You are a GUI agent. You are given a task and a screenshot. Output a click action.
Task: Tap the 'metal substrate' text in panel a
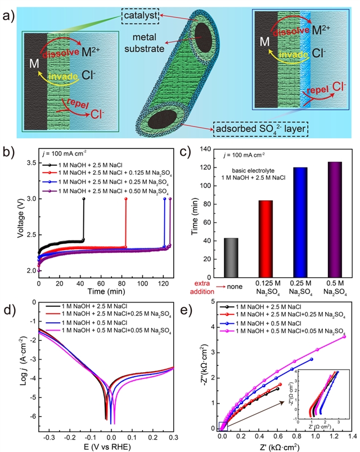(141, 43)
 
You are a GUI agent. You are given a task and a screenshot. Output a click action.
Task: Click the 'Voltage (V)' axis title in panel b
(21, 223)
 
